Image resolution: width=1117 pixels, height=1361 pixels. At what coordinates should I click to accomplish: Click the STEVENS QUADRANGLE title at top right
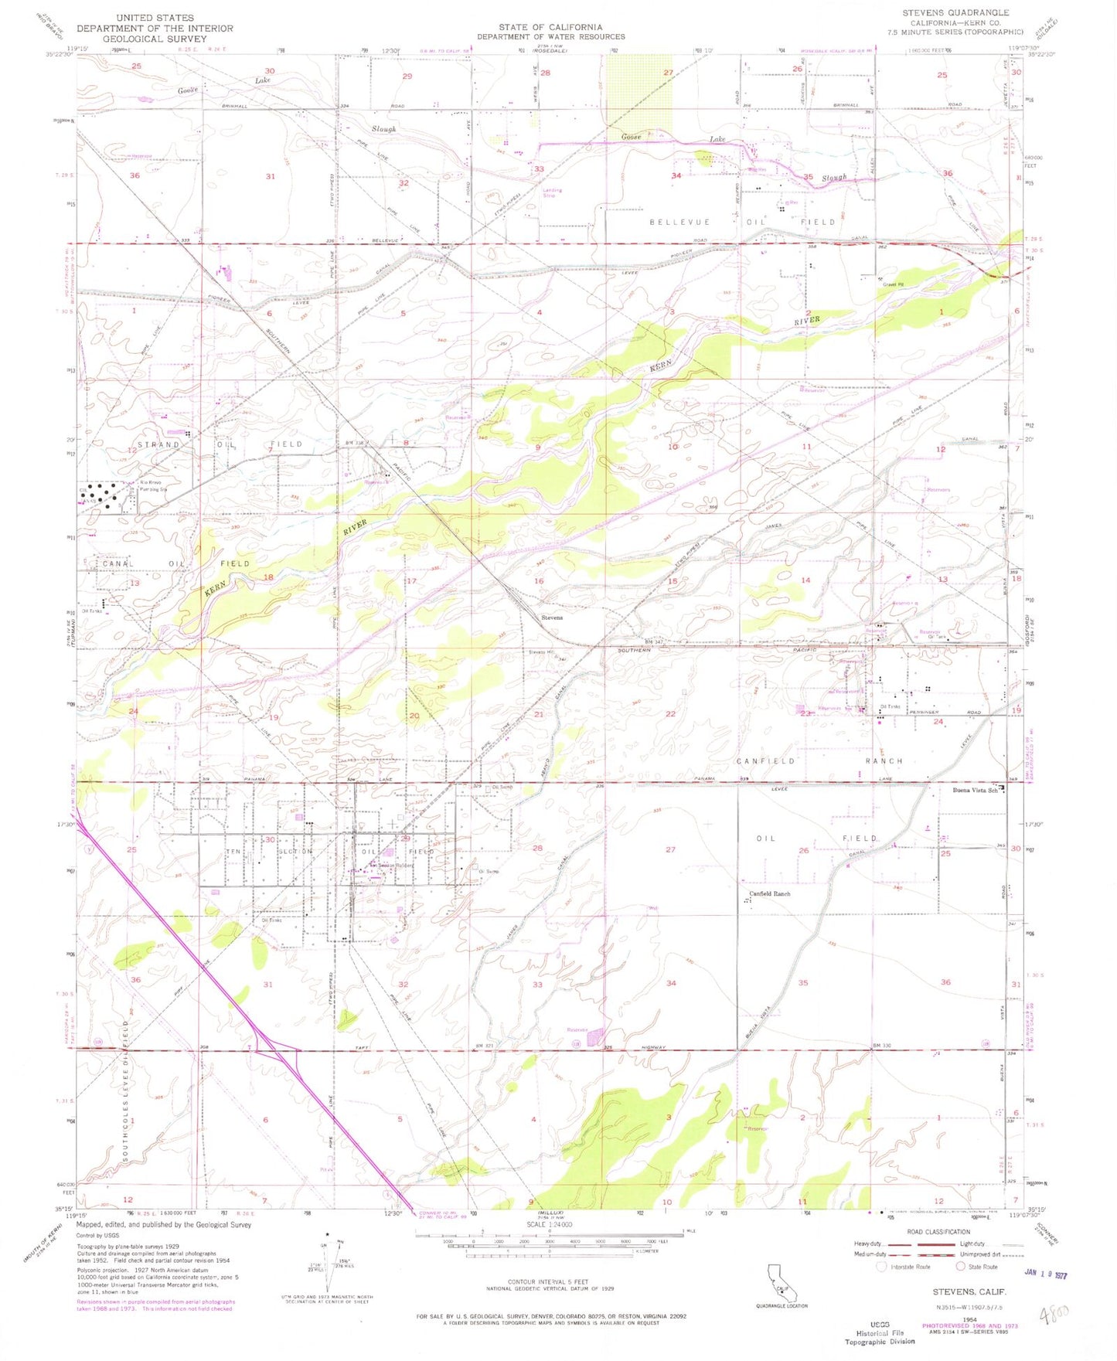pyautogui.click(x=955, y=12)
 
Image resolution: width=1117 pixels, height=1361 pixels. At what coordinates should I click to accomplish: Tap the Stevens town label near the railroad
pyautogui.click(x=552, y=618)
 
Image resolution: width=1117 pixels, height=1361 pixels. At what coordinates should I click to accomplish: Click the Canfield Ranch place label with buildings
pyautogui.click(x=769, y=893)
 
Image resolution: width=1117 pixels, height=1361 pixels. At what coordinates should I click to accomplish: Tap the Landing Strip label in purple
pyautogui.click(x=552, y=192)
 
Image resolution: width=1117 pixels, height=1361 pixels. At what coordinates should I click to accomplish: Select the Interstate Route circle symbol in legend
pyautogui.click(x=880, y=1267)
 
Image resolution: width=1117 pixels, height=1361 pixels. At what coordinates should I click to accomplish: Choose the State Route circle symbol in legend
pyautogui.click(x=961, y=1267)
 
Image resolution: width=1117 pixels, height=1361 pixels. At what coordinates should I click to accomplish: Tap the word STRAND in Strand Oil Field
pyautogui.click(x=159, y=444)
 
